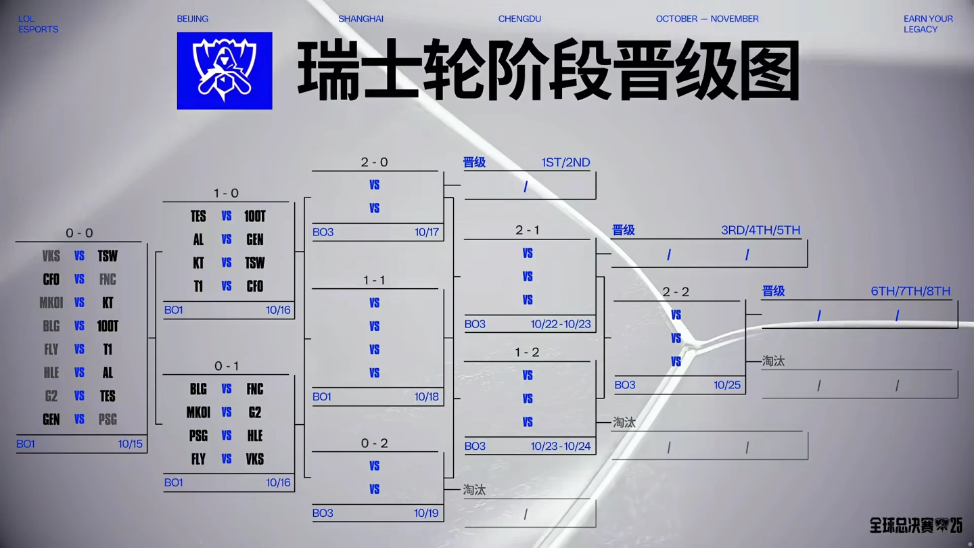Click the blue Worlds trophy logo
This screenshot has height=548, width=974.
225,70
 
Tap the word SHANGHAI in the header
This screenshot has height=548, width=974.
361,19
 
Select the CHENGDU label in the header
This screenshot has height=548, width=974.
519,19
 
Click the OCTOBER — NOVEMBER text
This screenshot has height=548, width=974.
707,19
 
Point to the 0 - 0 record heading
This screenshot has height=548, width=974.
79,233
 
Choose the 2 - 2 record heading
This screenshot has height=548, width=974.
676,292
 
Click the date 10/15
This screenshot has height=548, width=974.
131,444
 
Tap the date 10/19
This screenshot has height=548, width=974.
426,513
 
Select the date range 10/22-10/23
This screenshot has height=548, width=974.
561,324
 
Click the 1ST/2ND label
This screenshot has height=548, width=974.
565,162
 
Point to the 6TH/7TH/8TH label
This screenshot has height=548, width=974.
910,292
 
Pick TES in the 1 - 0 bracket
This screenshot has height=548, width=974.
198,216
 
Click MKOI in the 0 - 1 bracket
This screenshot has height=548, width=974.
198,412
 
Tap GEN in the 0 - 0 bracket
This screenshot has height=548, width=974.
51,419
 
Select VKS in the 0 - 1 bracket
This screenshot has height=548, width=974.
255,459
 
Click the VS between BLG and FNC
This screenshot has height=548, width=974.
227,389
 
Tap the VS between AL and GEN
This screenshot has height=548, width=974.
227,239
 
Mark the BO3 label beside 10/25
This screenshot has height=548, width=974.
625,385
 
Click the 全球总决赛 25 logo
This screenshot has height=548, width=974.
916,526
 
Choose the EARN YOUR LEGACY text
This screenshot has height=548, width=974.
928,24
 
